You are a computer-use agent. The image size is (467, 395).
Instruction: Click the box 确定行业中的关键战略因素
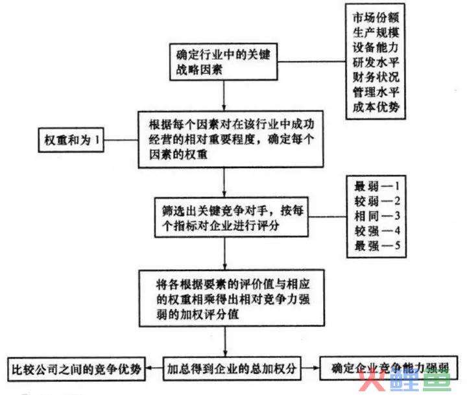click(223, 62)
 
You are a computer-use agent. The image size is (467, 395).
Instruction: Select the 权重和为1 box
click(71, 140)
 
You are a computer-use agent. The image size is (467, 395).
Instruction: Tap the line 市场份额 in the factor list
click(376, 18)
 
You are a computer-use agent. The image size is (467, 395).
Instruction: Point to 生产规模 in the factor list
click(376, 32)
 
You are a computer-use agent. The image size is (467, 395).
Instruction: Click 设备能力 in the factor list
click(376, 47)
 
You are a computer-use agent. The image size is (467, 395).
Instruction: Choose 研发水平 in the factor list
click(376, 62)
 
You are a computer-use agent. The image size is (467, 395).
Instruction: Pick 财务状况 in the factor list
click(376, 77)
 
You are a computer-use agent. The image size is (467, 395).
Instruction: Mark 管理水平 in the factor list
click(376, 92)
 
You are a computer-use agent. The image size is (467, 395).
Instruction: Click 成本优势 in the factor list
click(376, 107)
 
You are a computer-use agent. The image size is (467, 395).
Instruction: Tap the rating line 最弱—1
click(377, 187)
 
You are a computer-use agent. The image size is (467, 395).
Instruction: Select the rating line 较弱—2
click(377, 201)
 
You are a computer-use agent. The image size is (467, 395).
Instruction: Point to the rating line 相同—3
click(377, 216)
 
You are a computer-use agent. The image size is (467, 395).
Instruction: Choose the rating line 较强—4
click(377, 231)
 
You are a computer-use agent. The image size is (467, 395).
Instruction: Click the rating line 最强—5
click(377, 246)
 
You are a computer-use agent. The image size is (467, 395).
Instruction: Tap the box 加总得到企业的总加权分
click(232, 368)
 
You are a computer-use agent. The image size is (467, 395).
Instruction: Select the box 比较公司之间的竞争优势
click(77, 369)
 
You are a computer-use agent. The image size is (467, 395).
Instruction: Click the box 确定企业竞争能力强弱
click(389, 368)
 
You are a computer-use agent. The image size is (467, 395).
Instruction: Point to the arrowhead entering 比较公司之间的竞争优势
click(148, 368)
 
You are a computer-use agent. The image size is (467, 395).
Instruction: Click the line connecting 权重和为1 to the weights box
click(121, 140)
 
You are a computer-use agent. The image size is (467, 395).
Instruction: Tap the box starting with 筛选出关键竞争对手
click(231, 217)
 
